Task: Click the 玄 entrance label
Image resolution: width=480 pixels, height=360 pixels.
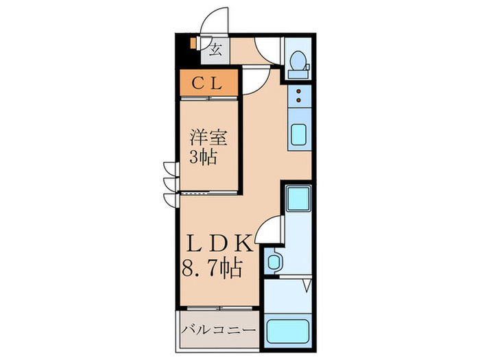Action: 215,49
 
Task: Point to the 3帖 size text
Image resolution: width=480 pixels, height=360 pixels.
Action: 204,158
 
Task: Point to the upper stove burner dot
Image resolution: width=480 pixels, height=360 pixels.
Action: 298,92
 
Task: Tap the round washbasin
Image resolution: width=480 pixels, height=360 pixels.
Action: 275,261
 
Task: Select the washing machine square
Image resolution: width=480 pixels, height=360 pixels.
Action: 298,199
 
